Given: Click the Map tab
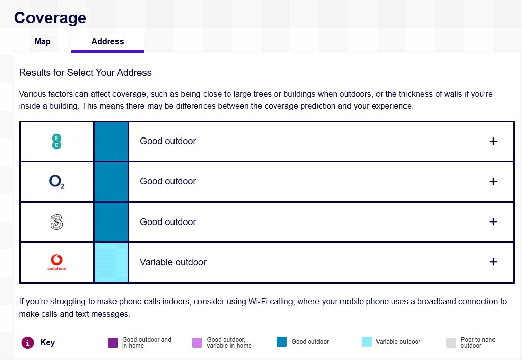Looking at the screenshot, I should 42,42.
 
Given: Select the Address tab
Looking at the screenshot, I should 107,42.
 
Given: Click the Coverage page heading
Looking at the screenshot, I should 50,18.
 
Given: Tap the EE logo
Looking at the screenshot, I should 56,141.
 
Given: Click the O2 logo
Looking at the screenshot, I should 56,182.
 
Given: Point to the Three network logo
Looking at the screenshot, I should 56,222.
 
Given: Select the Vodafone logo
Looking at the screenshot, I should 56,262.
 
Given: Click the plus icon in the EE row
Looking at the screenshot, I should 492,141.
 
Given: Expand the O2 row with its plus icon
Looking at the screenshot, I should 492,181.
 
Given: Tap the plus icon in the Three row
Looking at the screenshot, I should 492,221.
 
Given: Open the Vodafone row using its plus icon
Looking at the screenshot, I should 492,262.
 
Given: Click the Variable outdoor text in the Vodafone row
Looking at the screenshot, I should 173,262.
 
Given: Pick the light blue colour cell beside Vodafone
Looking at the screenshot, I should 111,262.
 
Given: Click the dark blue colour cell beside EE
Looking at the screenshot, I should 111,141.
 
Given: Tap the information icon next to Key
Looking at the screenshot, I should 27,342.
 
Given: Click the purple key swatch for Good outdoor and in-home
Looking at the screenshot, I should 112,342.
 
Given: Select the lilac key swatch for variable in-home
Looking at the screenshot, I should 197,342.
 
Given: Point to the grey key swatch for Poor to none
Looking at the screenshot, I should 451,342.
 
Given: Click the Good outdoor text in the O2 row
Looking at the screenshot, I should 168,181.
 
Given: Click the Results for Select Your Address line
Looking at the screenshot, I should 85,72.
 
